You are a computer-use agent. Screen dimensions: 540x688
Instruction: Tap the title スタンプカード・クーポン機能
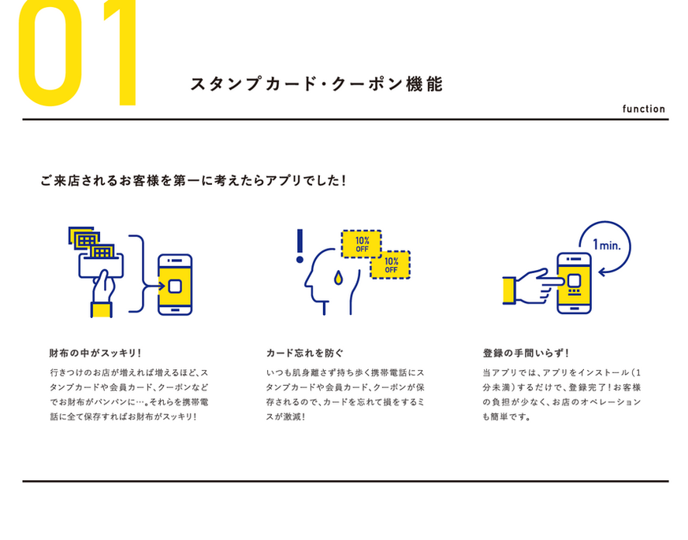(x=316, y=85)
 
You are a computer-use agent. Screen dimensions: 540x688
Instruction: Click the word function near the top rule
(x=643, y=109)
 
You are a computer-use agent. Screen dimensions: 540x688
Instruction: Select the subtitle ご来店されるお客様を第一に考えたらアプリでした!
(x=193, y=181)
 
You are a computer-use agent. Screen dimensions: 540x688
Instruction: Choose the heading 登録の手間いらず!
(x=526, y=353)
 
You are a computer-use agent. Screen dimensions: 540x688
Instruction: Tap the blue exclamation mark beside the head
(x=299, y=246)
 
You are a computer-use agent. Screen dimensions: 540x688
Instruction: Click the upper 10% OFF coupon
(x=362, y=243)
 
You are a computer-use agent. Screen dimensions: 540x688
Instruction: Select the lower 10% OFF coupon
(x=391, y=264)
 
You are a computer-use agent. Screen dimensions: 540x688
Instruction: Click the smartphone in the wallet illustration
(x=175, y=284)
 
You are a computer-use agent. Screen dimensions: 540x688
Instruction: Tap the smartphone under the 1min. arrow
(x=575, y=283)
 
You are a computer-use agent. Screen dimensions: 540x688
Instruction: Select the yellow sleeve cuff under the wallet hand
(x=101, y=309)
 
